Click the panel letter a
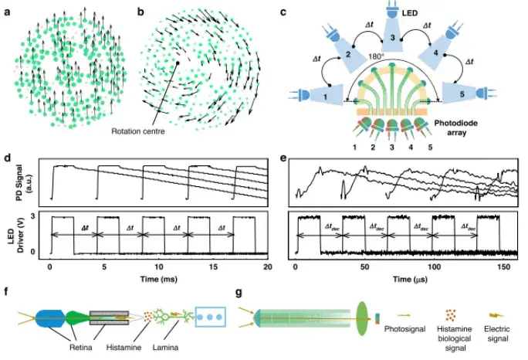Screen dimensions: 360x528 pyautogui.click(x=7, y=12)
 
